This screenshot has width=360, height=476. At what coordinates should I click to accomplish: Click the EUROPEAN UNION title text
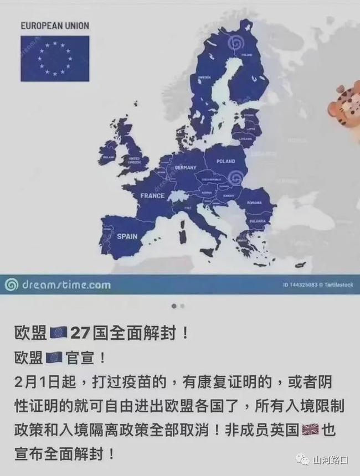click(54, 25)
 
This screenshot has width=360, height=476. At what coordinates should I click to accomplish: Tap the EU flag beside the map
click(54, 58)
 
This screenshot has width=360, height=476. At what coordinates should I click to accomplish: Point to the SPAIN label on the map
click(127, 236)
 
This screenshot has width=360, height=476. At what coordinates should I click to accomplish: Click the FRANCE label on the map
click(152, 195)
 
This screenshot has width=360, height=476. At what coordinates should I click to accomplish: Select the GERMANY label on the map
click(186, 167)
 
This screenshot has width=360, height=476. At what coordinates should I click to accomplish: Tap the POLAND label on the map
click(226, 161)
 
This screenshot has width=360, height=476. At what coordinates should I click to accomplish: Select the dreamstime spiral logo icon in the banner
click(11, 285)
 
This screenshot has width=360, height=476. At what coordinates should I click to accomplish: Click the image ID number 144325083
click(300, 286)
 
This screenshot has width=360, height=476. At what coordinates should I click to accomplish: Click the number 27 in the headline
click(80, 333)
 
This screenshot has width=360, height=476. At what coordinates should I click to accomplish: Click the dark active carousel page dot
click(174, 306)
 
